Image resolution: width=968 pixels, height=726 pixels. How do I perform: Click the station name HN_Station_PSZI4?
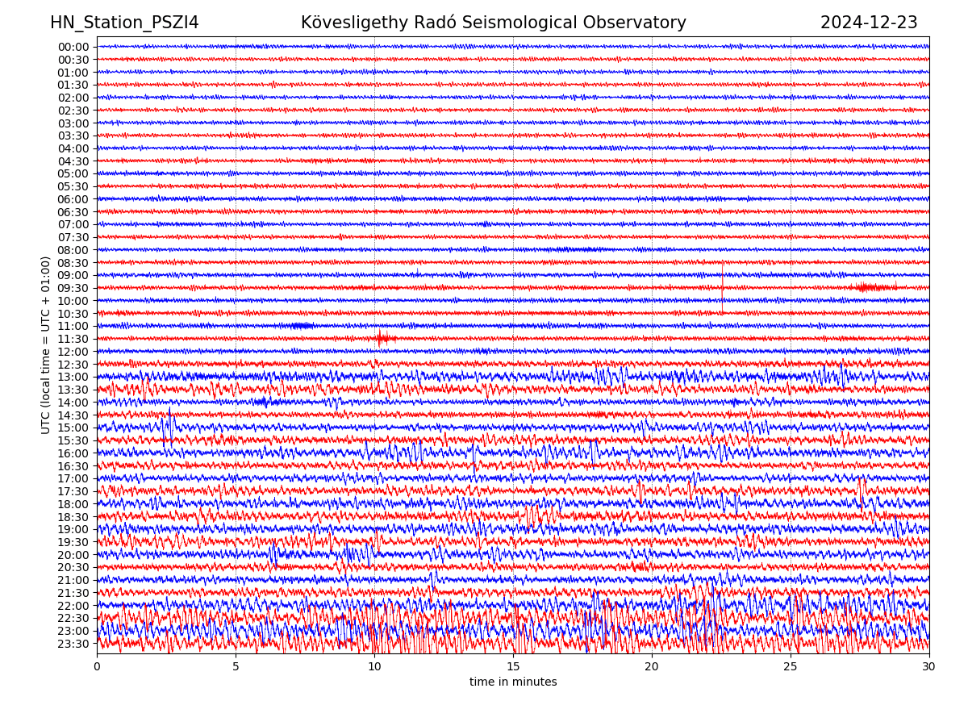(x=124, y=23)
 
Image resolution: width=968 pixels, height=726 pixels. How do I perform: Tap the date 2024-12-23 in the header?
(x=869, y=23)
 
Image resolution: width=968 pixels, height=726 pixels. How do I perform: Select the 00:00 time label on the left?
(x=73, y=47)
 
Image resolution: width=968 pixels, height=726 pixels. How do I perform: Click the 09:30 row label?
(x=73, y=288)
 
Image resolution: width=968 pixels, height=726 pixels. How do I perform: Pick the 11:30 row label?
(x=73, y=339)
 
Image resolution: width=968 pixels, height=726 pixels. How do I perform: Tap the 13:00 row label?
(x=73, y=377)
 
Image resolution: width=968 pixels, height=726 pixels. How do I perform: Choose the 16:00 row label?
(x=73, y=453)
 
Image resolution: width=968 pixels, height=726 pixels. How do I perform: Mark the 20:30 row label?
(x=73, y=567)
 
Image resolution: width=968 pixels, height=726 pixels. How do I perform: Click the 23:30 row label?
(x=73, y=644)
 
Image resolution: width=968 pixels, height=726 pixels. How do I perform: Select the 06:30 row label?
(x=73, y=212)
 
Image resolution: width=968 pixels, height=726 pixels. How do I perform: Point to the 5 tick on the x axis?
(x=236, y=667)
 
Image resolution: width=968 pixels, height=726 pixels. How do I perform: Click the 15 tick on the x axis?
(x=513, y=667)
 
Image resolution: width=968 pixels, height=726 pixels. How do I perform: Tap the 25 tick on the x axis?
(x=791, y=667)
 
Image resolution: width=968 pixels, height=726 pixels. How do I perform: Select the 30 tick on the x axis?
(x=929, y=667)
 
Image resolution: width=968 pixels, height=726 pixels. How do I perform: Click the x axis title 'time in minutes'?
(x=513, y=682)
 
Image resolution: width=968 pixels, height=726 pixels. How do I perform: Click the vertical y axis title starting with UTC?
(x=47, y=345)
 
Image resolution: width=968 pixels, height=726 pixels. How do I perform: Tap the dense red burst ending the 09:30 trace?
(x=875, y=287)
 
